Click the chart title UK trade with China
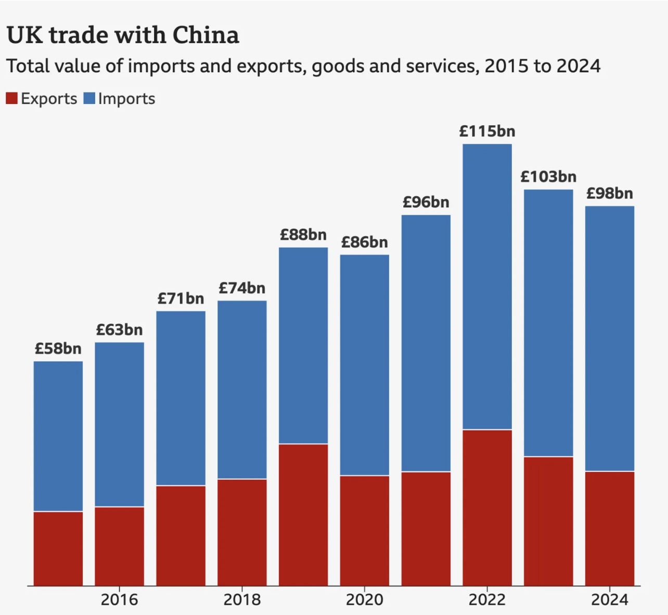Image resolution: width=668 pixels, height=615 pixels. (x=123, y=35)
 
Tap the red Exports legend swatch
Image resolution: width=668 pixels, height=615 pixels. (x=11, y=98)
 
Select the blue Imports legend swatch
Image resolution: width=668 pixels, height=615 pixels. (x=89, y=98)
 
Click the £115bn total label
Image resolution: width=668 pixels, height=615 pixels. (x=487, y=132)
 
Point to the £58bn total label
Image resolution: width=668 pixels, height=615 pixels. (x=58, y=348)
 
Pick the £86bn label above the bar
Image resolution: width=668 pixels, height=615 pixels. (x=364, y=242)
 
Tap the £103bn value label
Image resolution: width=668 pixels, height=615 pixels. (x=548, y=177)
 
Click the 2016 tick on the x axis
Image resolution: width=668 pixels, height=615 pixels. (x=119, y=600)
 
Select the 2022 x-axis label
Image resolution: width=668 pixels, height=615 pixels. (x=487, y=600)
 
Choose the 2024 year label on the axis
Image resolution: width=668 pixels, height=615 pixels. (x=610, y=600)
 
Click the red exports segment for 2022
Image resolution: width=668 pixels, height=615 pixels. (x=487, y=507)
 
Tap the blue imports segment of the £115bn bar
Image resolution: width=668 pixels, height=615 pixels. (x=487, y=286)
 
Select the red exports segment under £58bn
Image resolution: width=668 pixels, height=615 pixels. (x=58, y=548)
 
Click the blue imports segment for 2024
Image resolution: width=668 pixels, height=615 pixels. (x=610, y=338)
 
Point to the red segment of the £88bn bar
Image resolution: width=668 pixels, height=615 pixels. (x=303, y=515)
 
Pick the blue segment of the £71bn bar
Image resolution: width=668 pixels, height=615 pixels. (x=181, y=398)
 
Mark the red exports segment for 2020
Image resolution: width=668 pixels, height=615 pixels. (x=364, y=530)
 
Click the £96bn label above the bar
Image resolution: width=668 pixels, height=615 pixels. (x=426, y=202)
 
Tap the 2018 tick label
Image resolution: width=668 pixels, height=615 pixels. (x=242, y=600)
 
